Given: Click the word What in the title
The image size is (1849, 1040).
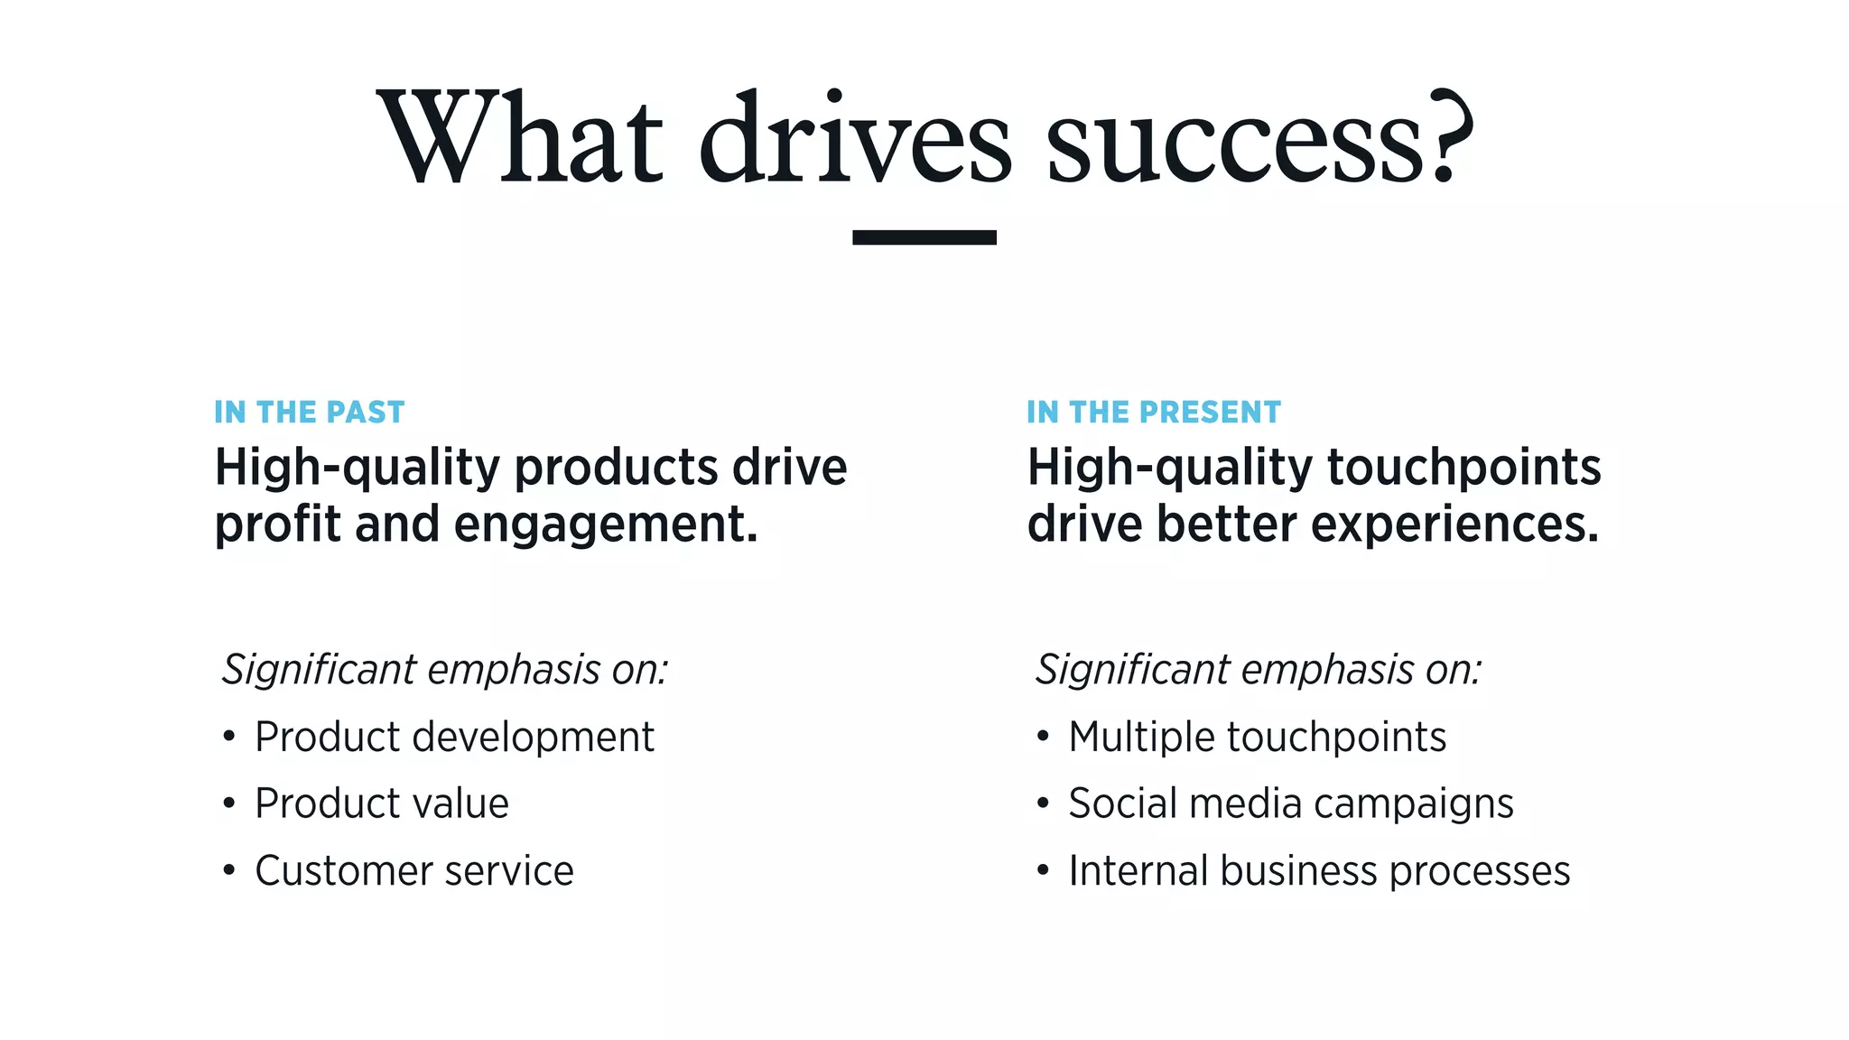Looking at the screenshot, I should (x=519, y=137).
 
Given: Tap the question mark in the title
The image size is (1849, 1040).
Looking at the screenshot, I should (x=1447, y=135).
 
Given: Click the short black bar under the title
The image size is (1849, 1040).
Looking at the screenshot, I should (x=924, y=237).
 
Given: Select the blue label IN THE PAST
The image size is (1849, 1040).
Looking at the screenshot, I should (x=309, y=413).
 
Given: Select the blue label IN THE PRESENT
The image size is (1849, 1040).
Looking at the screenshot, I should (x=1153, y=413).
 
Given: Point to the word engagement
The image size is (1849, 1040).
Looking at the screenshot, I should (x=605, y=525).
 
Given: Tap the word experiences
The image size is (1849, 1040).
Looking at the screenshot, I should (x=1454, y=525).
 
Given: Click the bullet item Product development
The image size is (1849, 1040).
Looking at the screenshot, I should (x=454, y=737).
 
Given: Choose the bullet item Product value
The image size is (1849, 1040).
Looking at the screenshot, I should (x=381, y=803).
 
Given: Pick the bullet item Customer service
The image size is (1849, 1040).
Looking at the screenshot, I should (x=413, y=871).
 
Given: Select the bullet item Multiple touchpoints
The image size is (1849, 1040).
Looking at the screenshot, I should (x=1257, y=737).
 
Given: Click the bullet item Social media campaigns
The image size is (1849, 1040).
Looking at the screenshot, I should (x=1290, y=803).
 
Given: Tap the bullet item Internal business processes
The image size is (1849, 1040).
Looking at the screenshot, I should (x=1318, y=871).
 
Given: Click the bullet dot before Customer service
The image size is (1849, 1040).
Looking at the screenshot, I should (x=229, y=871).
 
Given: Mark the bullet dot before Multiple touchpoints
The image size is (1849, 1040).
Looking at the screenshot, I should (x=1043, y=737).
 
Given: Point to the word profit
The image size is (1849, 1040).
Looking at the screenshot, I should (x=277, y=525).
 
